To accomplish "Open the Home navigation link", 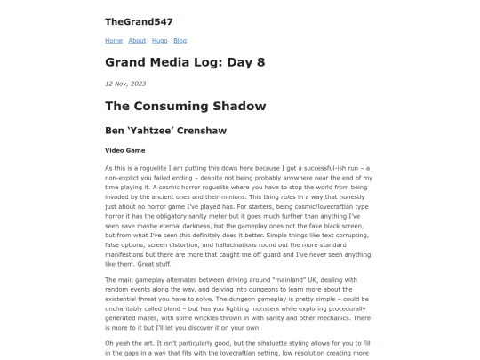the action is point(114,40).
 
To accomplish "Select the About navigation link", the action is point(137,40).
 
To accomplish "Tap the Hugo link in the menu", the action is point(159,40).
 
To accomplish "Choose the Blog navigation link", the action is point(180,40).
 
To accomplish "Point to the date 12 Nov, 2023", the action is point(125,83).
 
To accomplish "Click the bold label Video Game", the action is point(124,150).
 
